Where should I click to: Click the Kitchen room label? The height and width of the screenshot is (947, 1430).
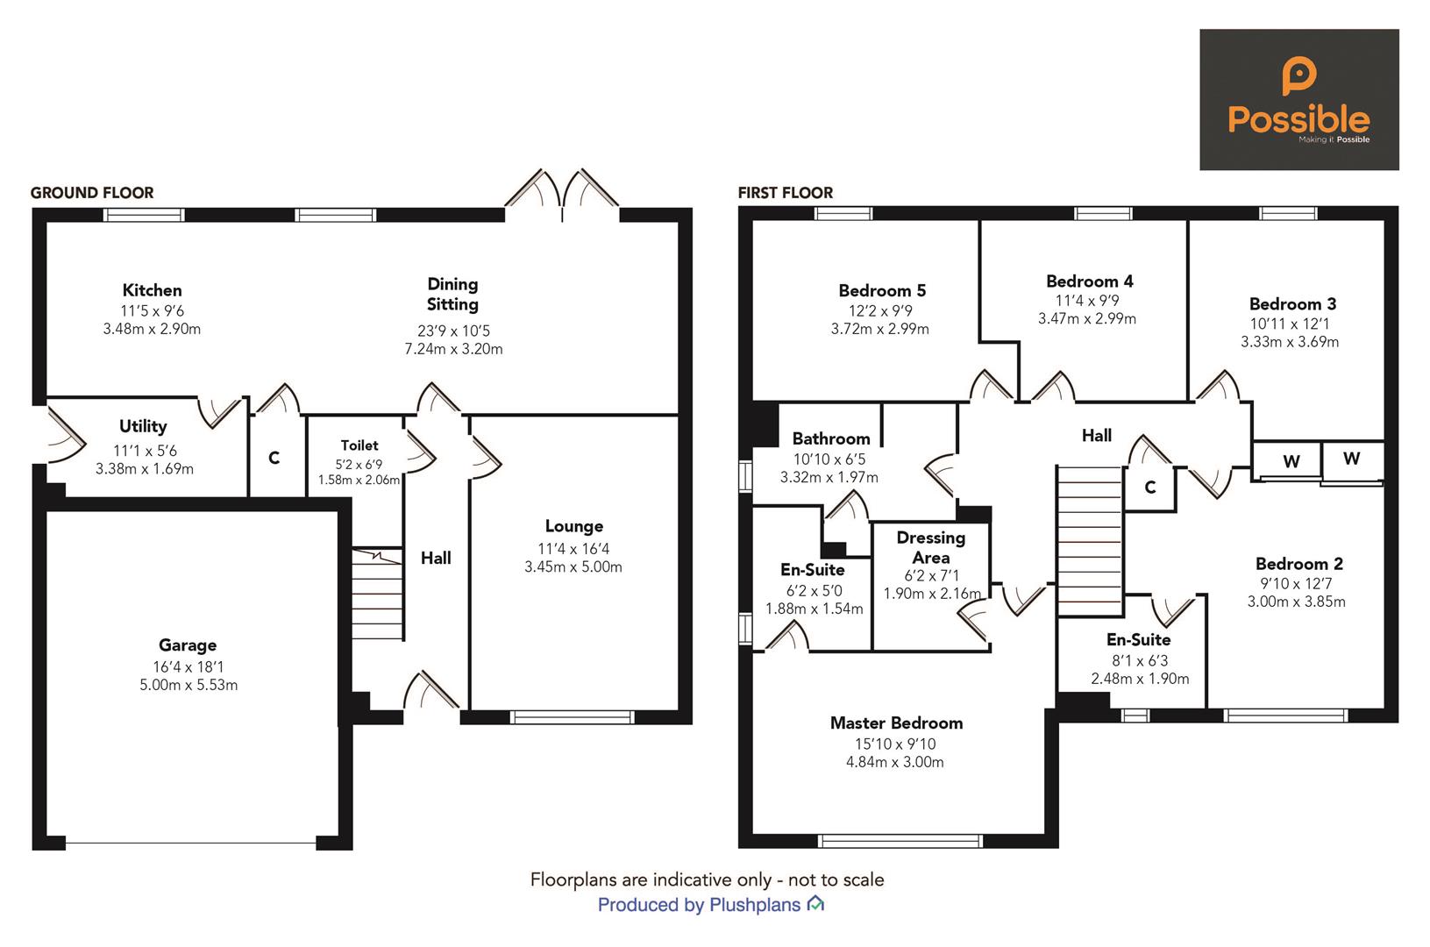[152, 290]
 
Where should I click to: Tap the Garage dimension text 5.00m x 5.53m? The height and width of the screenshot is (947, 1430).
[188, 685]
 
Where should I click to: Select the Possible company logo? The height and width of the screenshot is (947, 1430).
[1298, 99]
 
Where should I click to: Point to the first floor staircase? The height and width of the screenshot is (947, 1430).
[1090, 541]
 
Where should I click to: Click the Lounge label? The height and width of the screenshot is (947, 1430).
[573, 526]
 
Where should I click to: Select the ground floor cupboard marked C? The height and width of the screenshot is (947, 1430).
[274, 458]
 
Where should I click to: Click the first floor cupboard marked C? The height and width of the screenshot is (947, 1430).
[1150, 487]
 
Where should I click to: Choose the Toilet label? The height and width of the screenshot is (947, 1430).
[359, 445]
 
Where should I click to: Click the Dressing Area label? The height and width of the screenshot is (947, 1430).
[930, 547]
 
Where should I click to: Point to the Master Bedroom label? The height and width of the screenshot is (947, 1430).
[896, 723]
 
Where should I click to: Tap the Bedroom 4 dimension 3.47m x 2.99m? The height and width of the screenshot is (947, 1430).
[1087, 319]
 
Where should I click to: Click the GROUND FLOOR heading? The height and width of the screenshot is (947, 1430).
[92, 193]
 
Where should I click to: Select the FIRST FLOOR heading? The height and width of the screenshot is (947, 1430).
[786, 193]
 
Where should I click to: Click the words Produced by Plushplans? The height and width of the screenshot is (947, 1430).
[700, 905]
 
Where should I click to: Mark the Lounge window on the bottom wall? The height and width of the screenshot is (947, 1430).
[573, 716]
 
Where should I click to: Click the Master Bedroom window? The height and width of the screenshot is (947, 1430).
[900, 841]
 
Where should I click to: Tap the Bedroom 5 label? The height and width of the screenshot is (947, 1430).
[881, 290]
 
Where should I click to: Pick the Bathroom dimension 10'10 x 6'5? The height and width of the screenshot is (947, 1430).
[829, 459]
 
